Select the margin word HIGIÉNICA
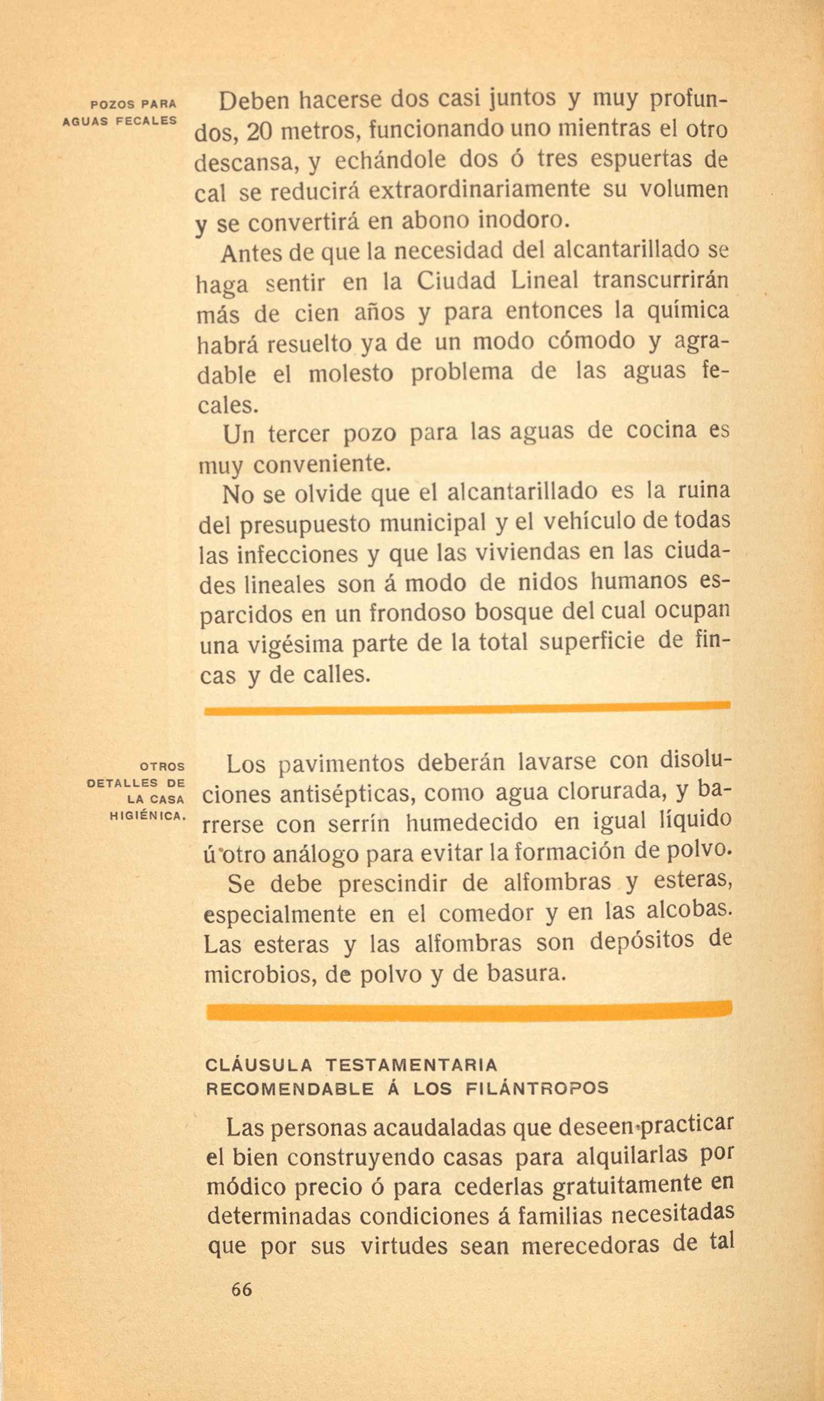[x=147, y=816]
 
